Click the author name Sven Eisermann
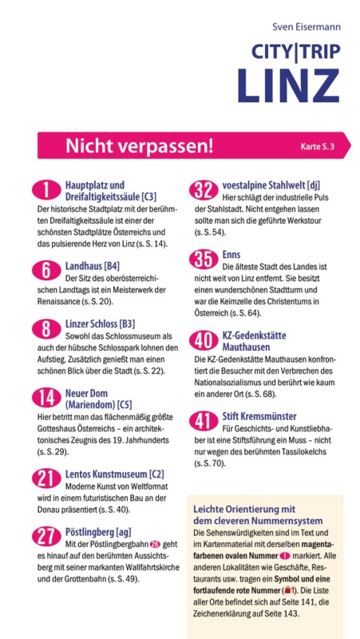[x=307, y=27]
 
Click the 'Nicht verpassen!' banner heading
[x=139, y=145]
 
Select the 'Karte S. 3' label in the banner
[x=317, y=146]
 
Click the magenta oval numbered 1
[x=46, y=191]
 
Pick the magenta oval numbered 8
[x=46, y=329]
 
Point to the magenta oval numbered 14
[x=46, y=398]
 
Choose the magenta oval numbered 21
[x=46, y=478]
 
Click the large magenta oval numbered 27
[x=46, y=537]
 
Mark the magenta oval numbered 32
[x=204, y=190]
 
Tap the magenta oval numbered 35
[x=204, y=260]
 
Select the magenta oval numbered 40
[x=204, y=341]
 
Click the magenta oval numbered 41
[x=204, y=422]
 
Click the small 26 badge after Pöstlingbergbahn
[x=155, y=544]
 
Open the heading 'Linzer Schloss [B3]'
[x=101, y=324]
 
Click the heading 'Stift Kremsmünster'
[x=259, y=416]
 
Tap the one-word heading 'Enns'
[x=231, y=255]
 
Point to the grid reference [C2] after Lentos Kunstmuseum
[x=156, y=474]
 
